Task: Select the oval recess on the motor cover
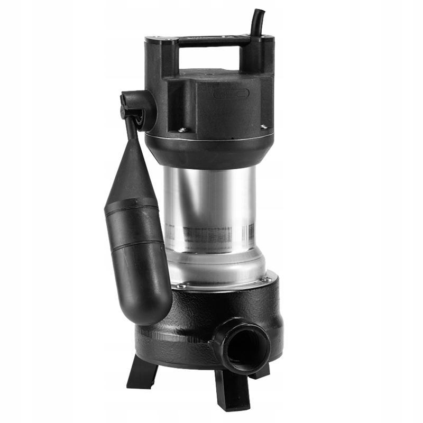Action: point(231,94)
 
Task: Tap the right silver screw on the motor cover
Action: point(263,126)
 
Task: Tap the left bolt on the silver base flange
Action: point(181,286)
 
